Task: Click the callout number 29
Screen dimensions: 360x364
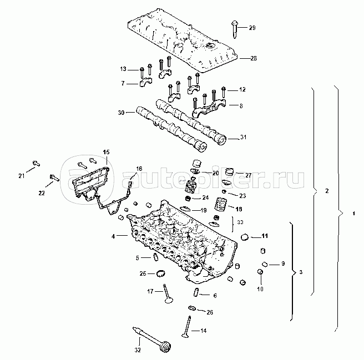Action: (252, 28)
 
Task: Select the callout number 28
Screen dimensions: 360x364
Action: (253, 58)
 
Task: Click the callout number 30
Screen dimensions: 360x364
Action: (121, 112)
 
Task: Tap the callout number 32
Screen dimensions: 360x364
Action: (138, 350)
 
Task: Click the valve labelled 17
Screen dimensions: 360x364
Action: (166, 294)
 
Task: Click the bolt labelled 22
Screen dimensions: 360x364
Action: (53, 178)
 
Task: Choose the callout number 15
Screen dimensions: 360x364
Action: (106, 152)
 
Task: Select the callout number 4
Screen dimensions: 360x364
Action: (113, 236)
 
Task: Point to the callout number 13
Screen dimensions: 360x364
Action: (123, 69)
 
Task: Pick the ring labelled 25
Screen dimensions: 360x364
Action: (161, 273)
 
